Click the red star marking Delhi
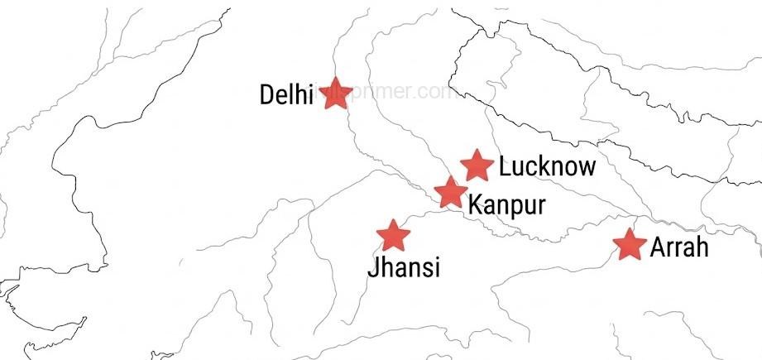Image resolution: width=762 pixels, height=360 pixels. coord(337,93)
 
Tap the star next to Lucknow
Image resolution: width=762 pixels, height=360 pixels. coord(477,166)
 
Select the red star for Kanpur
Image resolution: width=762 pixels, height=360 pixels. coord(450,192)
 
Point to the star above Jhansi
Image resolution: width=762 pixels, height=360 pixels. coord(393,236)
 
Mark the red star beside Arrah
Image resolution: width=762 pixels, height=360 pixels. coord(630,245)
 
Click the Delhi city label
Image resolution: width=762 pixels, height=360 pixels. coord(286,94)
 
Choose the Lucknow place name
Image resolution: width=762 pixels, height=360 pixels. coord(547,166)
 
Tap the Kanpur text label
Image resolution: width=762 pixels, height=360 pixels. coord(506,204)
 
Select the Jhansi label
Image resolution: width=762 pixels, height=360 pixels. coord(404,267)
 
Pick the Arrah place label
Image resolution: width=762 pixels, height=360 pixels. coord(679,247)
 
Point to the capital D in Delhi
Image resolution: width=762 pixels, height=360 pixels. coord(267,94)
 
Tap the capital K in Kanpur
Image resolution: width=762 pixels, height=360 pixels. coord(475,204)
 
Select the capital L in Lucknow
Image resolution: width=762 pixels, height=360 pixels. coord(505,166)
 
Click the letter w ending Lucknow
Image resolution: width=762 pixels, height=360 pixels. coord(587,168)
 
